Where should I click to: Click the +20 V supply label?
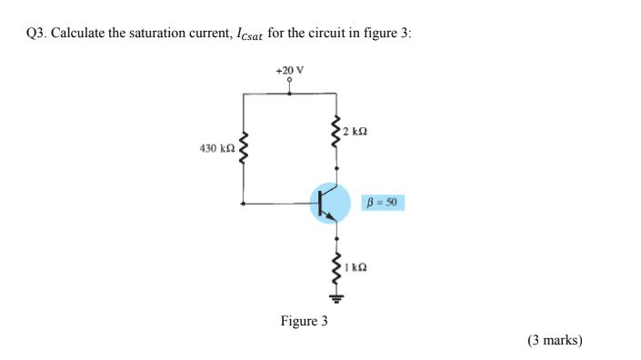pyautogui.click(x=289, y=70)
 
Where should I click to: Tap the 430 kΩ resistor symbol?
pyautogui.click(x=243, y=148)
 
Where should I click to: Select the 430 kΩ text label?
pyautogui.click(x=216, y=146)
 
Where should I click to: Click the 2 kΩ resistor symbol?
pyautogui.click(x=337, y=132)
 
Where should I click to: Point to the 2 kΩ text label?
pyautogui.click(x=356, y=131)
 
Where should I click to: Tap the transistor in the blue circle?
pyautogui.click(x=330, y=203)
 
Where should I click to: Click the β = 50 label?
pyautogui.click(x=383, y=202)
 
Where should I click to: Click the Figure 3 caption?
pyautogui.click(x=304, y=321)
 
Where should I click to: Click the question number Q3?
pyautogui.click(x=35, y=33)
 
